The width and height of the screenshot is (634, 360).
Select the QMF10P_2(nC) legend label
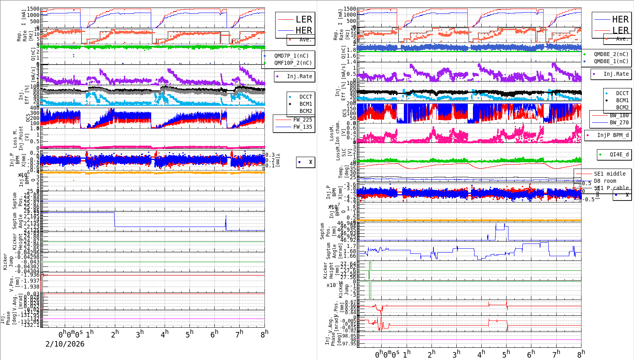(293, 63)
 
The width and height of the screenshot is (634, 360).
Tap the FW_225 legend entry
(302, 120)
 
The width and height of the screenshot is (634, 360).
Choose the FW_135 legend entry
(302, 127)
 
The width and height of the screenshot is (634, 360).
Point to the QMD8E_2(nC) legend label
(611, 54)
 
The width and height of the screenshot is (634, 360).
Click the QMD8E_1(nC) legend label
(611, 61)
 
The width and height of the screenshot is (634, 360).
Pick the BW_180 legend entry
(619, 115)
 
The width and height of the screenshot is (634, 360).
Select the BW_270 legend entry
(619, 122)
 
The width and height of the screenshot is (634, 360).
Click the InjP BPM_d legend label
(613, 135)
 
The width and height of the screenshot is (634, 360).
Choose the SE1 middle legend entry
(610, 174)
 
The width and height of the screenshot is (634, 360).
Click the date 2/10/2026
(65, 344)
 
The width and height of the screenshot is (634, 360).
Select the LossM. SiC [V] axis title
(341, 152)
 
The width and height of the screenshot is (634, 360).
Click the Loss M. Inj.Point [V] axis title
(21, 138)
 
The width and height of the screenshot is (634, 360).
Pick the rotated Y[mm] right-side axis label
(278, 160)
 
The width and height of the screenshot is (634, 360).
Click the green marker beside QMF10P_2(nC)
(265, 63)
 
